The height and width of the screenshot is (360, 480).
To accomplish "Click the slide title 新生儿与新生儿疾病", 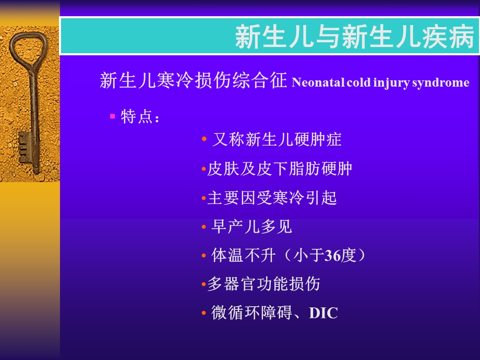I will (x=355, y=38).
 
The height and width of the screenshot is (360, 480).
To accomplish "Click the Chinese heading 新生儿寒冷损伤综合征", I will (x=194, y=81).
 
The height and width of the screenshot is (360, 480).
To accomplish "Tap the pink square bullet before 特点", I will (x=112, y=116).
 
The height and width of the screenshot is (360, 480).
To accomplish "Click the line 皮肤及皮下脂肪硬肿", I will (x=280, y=169).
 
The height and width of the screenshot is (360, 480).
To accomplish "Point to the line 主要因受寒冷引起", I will (x=272, y=198).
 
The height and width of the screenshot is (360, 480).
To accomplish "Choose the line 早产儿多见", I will (x=251, y=226).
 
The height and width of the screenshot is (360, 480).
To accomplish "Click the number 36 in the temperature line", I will (x=332, y=256).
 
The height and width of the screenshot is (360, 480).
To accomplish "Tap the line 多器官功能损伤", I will (x=264, y=284).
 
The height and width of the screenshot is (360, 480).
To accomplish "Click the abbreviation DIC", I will (x=323, y=314).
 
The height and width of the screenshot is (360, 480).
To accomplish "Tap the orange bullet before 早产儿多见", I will (x=204, y=227).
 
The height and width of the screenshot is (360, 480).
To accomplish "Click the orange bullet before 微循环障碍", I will (x=204, y=314).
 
